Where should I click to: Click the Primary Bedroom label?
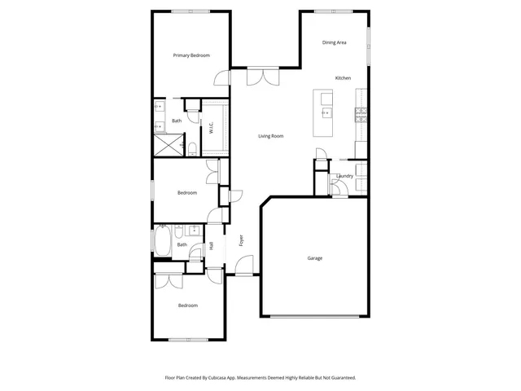(191, 55)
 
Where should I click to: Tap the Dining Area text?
(335, 42)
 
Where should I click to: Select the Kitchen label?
(343, 78)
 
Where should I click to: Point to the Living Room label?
(271, 136)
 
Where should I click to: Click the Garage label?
(314, 258)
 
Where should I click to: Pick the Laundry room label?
(344, 176)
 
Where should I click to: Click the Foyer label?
(240, 240)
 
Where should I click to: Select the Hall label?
(211, 244)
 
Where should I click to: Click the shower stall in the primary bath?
(168, 146)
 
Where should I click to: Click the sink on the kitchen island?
(326, 112)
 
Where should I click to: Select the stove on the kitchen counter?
(359, 112)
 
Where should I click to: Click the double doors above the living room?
(261, 76)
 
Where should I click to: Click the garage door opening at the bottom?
(315, 316)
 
